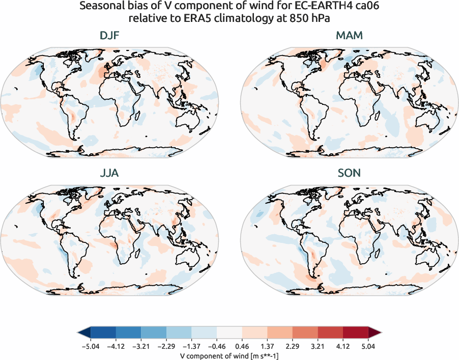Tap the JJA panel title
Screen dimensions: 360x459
point(110,173)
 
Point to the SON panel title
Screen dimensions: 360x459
point(349,173)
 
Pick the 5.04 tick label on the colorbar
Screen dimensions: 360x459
point(369,345)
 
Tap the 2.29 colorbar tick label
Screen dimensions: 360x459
point(293,345)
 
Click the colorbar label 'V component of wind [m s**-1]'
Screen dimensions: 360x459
point(229,355)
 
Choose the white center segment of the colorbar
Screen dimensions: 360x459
point(230,333)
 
